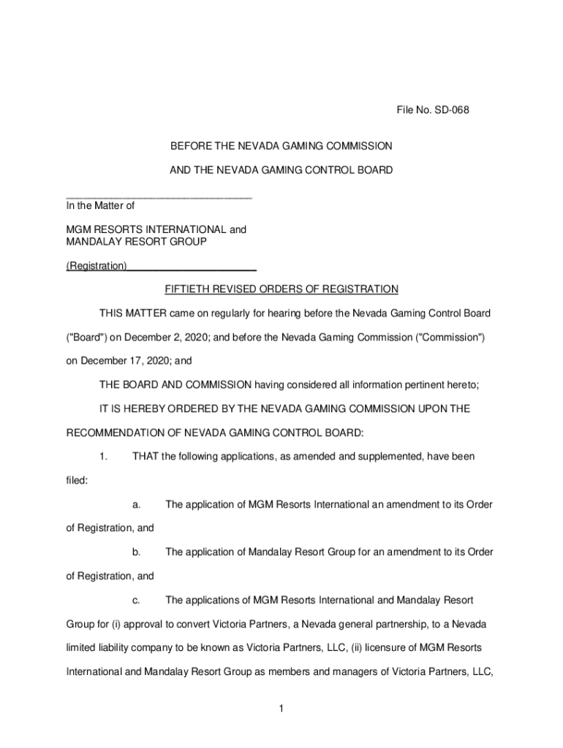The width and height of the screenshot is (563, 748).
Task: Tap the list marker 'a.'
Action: (x=137, y=504)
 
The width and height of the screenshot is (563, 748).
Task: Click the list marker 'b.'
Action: (x=137, y=552)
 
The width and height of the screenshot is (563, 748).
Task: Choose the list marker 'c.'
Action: (x=136, y=600)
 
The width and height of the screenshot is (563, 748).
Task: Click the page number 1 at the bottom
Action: (x=281, y=708)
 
